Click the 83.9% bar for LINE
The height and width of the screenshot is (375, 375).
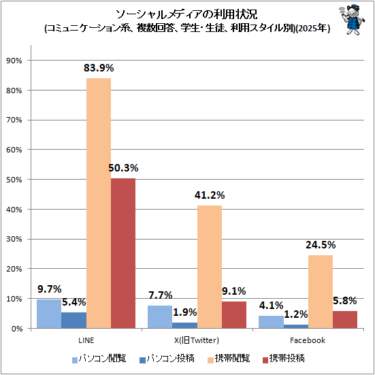[x=99, y=203]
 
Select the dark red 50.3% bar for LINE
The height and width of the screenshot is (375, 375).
[x=123, y=253]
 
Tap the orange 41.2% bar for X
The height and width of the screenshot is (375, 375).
[x=210, y=267]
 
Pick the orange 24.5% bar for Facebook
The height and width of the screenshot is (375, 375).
[x=321, y=291]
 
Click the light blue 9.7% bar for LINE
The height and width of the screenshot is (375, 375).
[x=49, y=314]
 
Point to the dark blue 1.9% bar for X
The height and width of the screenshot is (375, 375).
[x=185, y=325]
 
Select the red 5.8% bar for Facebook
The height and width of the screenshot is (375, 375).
[x=345, y=319]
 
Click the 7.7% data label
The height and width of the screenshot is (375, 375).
[x=160, y=295]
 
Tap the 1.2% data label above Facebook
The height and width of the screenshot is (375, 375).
[x=296, y=314]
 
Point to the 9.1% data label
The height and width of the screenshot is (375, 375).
[x=234, y=291]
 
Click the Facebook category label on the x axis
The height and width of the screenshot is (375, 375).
[x=308, y=340]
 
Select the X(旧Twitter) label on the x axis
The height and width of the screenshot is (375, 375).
[x=197, y=340]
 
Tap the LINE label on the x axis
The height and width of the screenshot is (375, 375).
[x=86, y=340]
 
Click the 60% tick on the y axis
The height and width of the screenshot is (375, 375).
[x=14, y=150]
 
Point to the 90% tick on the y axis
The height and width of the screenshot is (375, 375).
[x=14, y=61]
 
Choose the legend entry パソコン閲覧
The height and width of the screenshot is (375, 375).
[x=99, y=359]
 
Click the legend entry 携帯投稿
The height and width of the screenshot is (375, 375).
[x=283, y=359]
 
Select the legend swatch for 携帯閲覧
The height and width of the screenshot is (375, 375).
[x=211, y=360]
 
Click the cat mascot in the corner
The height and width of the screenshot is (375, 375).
[x=352, y=20]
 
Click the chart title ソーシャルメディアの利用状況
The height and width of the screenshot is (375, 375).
[x=186, y=14]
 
